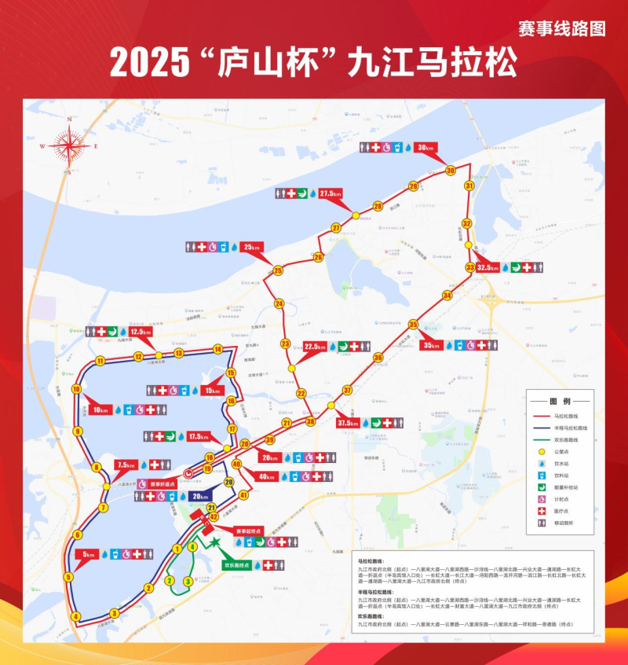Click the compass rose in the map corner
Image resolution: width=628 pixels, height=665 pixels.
70,145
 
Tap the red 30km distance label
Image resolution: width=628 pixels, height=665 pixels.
425,148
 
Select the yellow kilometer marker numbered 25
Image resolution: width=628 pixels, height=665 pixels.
278,271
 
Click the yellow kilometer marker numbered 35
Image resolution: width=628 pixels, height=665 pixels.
413,324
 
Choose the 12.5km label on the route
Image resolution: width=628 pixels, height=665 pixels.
141,332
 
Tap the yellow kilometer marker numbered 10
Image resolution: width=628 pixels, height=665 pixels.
76,389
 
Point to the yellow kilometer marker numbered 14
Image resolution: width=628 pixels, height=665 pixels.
217,348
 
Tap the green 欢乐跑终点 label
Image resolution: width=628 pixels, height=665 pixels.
236,565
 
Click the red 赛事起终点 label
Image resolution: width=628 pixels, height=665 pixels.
248,531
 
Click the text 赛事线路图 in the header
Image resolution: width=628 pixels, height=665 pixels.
562,28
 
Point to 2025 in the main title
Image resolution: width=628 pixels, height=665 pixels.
152,62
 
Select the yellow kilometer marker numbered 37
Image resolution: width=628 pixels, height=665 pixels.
347,390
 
